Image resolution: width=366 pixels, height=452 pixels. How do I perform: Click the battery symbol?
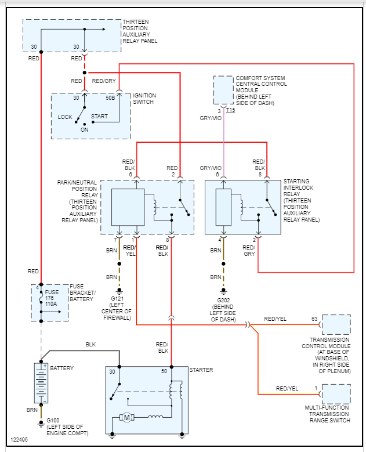tap(41, 382)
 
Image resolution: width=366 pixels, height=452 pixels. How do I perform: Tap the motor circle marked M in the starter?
tap(126, 417)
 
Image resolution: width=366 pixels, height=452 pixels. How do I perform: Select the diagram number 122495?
tap(19, 439)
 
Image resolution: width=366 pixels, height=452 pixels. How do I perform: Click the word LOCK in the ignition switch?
tap(65, 117)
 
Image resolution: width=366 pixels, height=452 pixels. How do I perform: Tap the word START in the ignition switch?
tap(99, 116)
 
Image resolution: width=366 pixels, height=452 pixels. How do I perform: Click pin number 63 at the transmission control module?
tap(314, 319)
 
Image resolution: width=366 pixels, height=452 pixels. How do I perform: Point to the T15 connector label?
tap(230, 110)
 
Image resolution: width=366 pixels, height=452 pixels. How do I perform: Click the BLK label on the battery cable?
tap(90, 345)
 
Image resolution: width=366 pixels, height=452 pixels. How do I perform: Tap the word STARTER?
tap(201, 370)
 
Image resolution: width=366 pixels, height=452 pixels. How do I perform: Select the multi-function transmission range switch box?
tap(336, 394)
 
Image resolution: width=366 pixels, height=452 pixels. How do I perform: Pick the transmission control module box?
tap(336, 324)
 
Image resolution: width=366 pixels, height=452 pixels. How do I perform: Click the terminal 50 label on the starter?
tap(164, 370)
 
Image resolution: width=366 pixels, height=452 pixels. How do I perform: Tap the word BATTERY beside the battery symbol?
tap(61, 368)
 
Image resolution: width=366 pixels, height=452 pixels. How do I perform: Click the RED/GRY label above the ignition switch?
tap(104, 81)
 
